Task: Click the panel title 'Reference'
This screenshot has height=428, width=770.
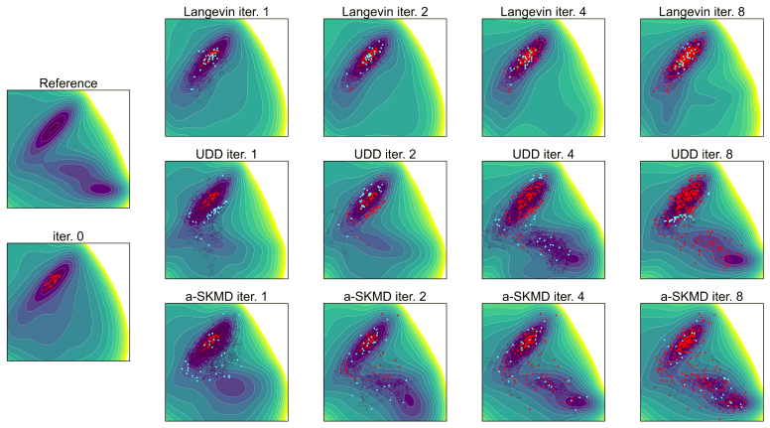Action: click(x=68, y=83)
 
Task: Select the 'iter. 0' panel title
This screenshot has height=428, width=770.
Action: click(x=68, y=236)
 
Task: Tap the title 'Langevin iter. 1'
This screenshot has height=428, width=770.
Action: click(x=226, y=12)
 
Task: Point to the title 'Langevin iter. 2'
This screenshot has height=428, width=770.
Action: click(x=385, y=12)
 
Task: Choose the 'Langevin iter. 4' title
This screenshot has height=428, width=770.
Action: click(x=543, y=12)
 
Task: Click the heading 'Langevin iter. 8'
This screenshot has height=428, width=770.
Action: click(x=702, y=12)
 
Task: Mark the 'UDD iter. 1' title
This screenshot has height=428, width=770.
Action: click(x=226, y=154)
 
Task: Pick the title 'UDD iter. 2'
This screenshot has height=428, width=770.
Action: click(x=385, y=154)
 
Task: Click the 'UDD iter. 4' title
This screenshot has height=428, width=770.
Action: click(x=543, y=154)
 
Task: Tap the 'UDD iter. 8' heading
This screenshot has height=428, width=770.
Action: click(x=702, y=154)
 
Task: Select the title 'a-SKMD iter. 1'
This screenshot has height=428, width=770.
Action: click(x=226, y=297)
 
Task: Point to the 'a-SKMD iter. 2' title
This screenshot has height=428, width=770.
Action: click(x=385, y=297)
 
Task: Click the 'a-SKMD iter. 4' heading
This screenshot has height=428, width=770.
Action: click(x=543, y=297)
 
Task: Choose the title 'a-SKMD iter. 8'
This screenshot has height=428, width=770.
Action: click(x=702, y=297)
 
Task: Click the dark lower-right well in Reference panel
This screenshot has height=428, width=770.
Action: click(x=101, y=189)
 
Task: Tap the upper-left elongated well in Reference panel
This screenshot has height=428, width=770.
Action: click(x=51, y=129)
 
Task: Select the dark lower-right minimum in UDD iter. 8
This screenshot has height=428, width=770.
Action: click(x=734, y=259)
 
